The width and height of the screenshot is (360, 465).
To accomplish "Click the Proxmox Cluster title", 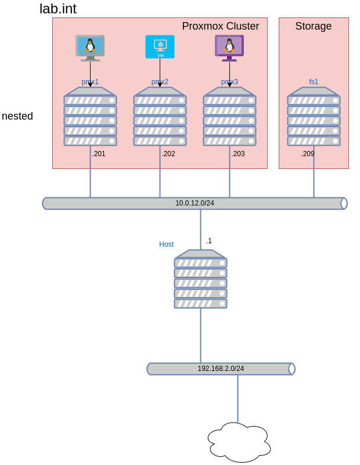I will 220,26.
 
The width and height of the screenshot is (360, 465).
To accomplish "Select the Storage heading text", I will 313,26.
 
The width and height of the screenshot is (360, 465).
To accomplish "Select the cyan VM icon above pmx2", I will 160,46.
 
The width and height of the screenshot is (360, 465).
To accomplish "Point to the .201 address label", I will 99,154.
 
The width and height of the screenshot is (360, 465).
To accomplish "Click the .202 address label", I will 168,154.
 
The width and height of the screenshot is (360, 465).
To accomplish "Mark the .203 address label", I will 238,154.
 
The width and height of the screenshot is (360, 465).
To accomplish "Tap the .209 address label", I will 308,154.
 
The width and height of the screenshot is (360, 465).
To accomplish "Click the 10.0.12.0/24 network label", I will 195,203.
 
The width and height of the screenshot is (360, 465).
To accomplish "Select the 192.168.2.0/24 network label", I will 221,369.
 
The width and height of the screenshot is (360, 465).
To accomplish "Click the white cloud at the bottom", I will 239,442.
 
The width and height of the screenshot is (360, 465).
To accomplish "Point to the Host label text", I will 167,244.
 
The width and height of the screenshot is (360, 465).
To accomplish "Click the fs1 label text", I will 314,82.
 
